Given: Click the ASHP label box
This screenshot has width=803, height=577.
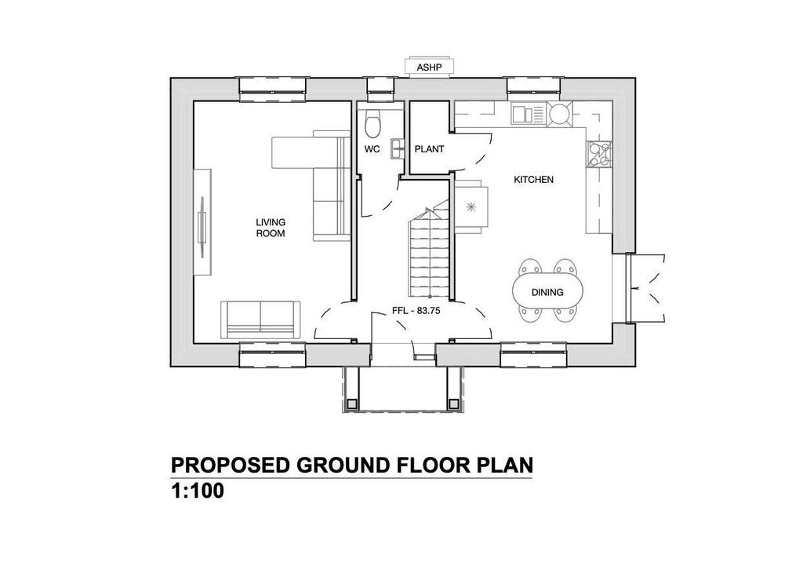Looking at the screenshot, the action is tap(429, 68).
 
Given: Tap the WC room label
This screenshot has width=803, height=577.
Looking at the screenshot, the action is tap(372, 149).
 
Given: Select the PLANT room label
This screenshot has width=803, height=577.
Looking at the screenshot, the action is tap(429, 149).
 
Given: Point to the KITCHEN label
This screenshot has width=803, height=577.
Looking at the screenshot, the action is tap(533, 180).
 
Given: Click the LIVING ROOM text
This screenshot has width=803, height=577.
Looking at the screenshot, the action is tap(271, 228).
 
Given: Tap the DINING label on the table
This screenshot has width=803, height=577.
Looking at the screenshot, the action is tap(547, 292).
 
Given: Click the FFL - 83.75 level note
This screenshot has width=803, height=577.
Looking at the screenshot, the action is tap(416, 311).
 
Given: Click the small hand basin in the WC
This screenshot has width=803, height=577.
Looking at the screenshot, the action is tap(398, 148).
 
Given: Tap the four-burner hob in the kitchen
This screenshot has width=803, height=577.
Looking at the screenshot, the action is tap(599, 155).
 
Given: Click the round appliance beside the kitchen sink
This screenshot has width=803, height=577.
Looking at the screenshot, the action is tap(559, 113).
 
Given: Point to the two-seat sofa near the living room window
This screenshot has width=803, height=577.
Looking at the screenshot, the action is tap(260, 320).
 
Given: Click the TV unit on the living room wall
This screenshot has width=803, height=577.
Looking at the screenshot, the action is tap(202, 221).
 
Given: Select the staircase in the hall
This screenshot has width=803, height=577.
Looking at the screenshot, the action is tap(429, 252).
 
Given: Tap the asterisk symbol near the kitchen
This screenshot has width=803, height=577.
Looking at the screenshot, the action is tap(471, 207).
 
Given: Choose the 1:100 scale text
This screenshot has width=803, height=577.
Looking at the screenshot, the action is tap(198, 491).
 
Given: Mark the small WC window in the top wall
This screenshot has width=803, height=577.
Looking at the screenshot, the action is tap(380, 89).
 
